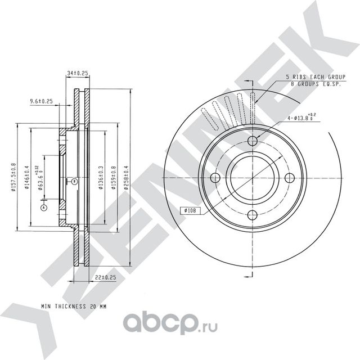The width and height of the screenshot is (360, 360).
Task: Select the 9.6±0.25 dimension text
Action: pos(41,102)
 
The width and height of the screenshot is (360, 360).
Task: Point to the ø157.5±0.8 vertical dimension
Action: pos(14,177)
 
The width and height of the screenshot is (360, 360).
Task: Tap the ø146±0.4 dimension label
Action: pos(26,177)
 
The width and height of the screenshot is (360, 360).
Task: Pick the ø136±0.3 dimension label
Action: pos(101,177)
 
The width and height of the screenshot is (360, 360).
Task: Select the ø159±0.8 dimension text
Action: pos(114,177)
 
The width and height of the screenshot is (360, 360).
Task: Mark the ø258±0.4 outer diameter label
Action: pos(127,177)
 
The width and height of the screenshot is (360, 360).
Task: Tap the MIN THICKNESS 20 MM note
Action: pos(74,307)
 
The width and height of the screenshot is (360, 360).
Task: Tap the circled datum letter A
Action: pos(43,208)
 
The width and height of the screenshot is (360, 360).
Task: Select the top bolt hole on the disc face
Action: pos(253,141)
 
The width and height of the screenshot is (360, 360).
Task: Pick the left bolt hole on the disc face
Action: pos(215,178)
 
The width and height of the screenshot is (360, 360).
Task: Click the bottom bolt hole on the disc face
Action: pos(253,215)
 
